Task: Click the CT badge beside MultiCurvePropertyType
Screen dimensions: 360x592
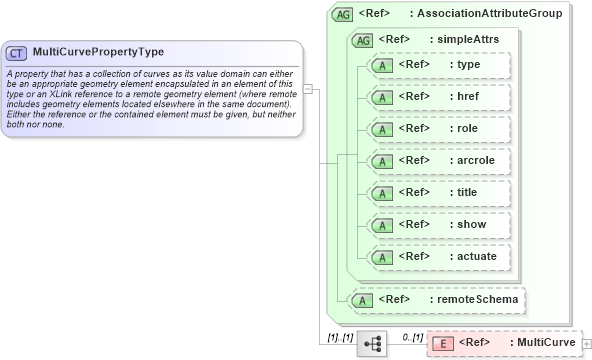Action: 17,52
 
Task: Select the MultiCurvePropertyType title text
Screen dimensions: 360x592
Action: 98,52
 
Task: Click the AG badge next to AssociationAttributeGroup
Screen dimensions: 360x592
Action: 343,14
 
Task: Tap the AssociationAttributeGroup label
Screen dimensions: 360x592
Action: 489,14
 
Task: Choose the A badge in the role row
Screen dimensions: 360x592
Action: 381,129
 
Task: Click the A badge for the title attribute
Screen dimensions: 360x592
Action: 381,193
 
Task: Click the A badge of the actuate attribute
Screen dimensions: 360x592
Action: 381,257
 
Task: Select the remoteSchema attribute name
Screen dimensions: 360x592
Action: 475,299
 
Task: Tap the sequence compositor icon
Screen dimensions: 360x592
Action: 372,343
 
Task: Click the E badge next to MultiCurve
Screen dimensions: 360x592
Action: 441,343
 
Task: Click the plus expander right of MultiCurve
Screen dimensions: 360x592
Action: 586,344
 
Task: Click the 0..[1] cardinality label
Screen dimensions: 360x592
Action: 411,337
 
